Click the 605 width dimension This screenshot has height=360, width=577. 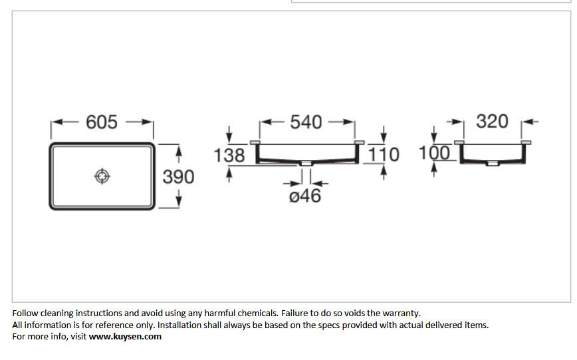[102, 122]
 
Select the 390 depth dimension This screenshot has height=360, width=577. [178, 177]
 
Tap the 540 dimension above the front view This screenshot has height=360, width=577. [306, 122]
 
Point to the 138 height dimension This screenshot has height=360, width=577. [229, 155]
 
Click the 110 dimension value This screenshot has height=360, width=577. [384, 155]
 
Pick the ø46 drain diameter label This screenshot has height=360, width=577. [305, 196]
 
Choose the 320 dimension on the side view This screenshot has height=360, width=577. [493, 122]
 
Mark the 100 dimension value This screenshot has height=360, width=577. [435, 153]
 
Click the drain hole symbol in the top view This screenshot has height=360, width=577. [102, 177]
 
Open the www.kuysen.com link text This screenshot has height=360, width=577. [125, 337]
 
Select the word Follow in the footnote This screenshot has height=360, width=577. [25, 314]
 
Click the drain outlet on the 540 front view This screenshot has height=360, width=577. [306, 163]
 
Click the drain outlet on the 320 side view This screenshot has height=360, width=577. [493, 163]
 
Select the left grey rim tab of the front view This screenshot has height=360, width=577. [255, 143]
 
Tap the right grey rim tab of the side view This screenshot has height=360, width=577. [526, 143]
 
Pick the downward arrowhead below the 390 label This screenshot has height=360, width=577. [179, 201]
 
